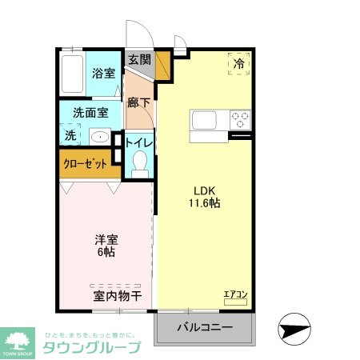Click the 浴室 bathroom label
tap(103, 74)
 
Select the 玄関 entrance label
tap(139, 59)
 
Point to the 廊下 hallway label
tap(139, 102)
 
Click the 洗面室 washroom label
tap(90, 113)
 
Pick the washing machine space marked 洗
tap(70, 135)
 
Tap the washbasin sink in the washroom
tap(100, 135)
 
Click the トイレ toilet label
tap(140, 143)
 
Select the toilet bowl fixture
tap(140, 165)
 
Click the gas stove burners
tap(240, 120)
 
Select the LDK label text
tap(205, 190)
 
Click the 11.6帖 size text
tap(205, 203)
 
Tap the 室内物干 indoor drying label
tap(118, 296)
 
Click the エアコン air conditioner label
tap(235, 294)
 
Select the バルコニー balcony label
tap(204, 328)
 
